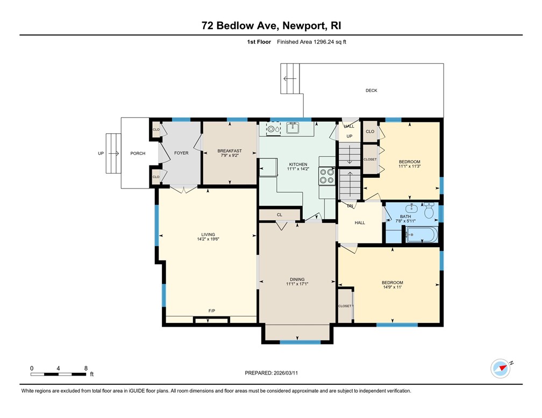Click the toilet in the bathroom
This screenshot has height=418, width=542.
click(x=429, y=211)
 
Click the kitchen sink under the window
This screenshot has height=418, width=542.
click(x=293, y=128)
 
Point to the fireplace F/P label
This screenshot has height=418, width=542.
click(x=212, y=311)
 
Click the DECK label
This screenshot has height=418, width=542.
click(x=371, y=91)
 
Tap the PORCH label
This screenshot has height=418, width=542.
click(x=138, y=154)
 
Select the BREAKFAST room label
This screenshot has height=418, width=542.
click(x=230, y=151)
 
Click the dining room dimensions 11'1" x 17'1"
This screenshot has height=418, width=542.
click(x=297, y=284)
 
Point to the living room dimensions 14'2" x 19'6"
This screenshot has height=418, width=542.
click(x=208, y=240)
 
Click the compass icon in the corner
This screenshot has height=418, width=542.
click(x=500, y=369)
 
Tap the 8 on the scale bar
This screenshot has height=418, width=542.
click(x=86, y=368)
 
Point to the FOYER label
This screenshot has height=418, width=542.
click(x=181, y=153)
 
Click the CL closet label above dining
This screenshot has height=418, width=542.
click(x=279, y=215)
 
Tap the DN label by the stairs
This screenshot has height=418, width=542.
click(x=350, y=206)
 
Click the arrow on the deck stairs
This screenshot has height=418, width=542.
click(x=290, y=78)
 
